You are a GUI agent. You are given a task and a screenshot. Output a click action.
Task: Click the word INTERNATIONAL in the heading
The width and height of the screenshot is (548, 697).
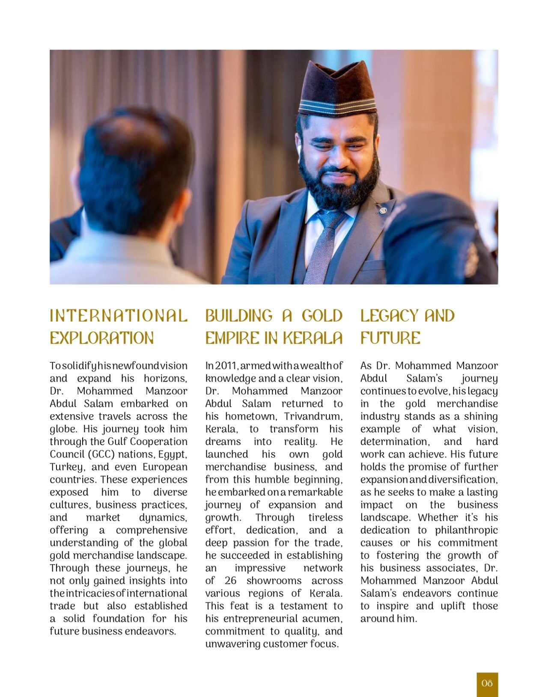pos(119,316)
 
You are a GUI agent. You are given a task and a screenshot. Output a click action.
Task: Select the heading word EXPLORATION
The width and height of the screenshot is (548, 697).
pos(101,338)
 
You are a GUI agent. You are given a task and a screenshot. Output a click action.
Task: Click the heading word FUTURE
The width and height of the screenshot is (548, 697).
pos(390,338)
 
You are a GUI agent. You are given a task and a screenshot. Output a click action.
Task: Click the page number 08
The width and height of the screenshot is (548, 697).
pos(487,683)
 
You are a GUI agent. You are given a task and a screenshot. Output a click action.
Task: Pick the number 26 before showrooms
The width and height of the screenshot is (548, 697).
pos(230,581)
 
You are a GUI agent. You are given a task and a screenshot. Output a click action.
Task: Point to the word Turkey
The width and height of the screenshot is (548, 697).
pos(64,467)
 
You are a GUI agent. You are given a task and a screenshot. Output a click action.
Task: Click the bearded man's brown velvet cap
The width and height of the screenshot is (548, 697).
pos(337,88)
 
